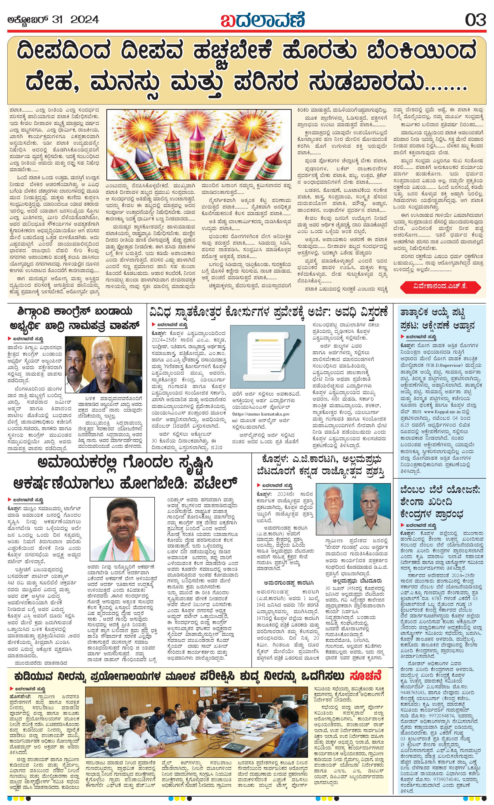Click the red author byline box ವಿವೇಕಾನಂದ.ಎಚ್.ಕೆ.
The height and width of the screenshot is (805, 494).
pos(440,286)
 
